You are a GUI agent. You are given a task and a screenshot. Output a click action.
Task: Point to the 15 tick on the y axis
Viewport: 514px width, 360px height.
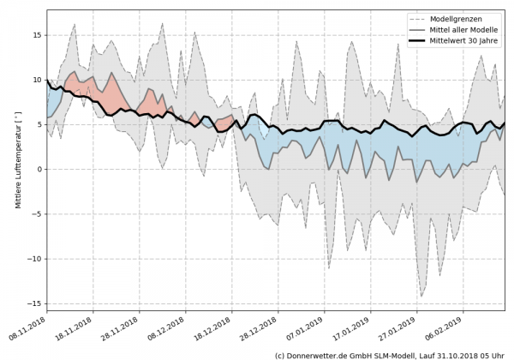pyautogui.click(x=36, y=35)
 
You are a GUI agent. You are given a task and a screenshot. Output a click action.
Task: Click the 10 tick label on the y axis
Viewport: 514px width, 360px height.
pyautogui.click(x=36, y=80)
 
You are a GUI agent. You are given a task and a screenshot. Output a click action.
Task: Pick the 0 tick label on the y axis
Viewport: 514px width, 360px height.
pyautogui.click(x=39, y=169)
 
